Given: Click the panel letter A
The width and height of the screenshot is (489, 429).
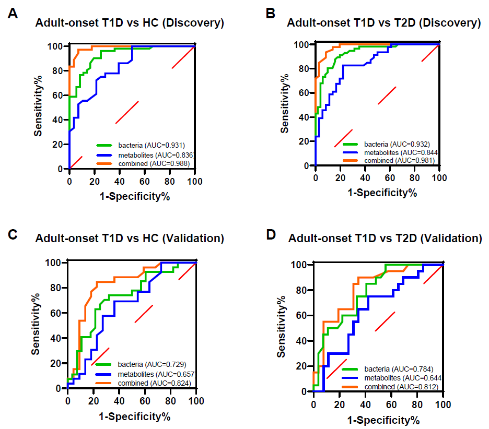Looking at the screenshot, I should click(x=13, y=14).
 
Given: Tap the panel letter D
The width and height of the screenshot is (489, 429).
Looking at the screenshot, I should click(x=272, y=234).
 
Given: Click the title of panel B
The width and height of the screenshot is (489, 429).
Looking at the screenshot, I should click(x=383, y=23).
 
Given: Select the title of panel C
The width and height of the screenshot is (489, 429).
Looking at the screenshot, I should click(x=130, y=239).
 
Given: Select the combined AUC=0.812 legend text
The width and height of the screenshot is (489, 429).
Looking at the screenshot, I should click(x=401, y=386).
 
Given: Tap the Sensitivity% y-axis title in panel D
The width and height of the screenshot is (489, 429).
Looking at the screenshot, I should click(x=282, y=327).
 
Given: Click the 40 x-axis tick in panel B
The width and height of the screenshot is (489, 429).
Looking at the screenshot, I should click(x=365, y=178).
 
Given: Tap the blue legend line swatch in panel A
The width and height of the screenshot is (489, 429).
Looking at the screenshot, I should click(x=109, y=154).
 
